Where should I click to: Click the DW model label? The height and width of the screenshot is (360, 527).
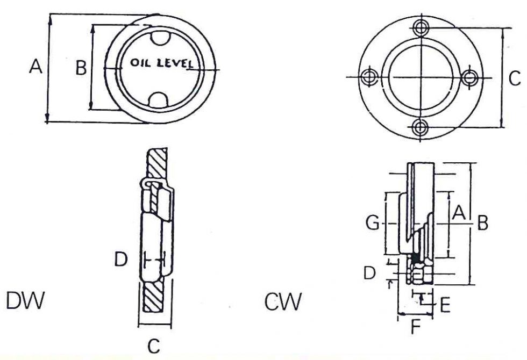tap(25, 302)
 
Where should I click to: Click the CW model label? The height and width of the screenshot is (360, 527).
tap(283, 303)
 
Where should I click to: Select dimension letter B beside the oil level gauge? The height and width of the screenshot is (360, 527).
tap(81, 68)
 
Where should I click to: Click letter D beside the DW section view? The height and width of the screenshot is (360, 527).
tap(121, 260)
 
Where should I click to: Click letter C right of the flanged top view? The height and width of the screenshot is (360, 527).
tap(514, 78)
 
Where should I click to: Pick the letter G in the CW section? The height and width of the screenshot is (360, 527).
tap(373, 222)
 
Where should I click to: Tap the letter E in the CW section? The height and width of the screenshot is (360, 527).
tap(445, 306)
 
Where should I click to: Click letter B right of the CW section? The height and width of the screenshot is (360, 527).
tap(482, 223)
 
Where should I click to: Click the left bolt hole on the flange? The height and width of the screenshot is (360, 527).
tap(369, 77)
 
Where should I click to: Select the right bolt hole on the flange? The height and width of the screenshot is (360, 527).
tap(471, 77)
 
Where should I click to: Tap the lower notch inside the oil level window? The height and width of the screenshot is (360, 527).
tap(159, 99)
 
